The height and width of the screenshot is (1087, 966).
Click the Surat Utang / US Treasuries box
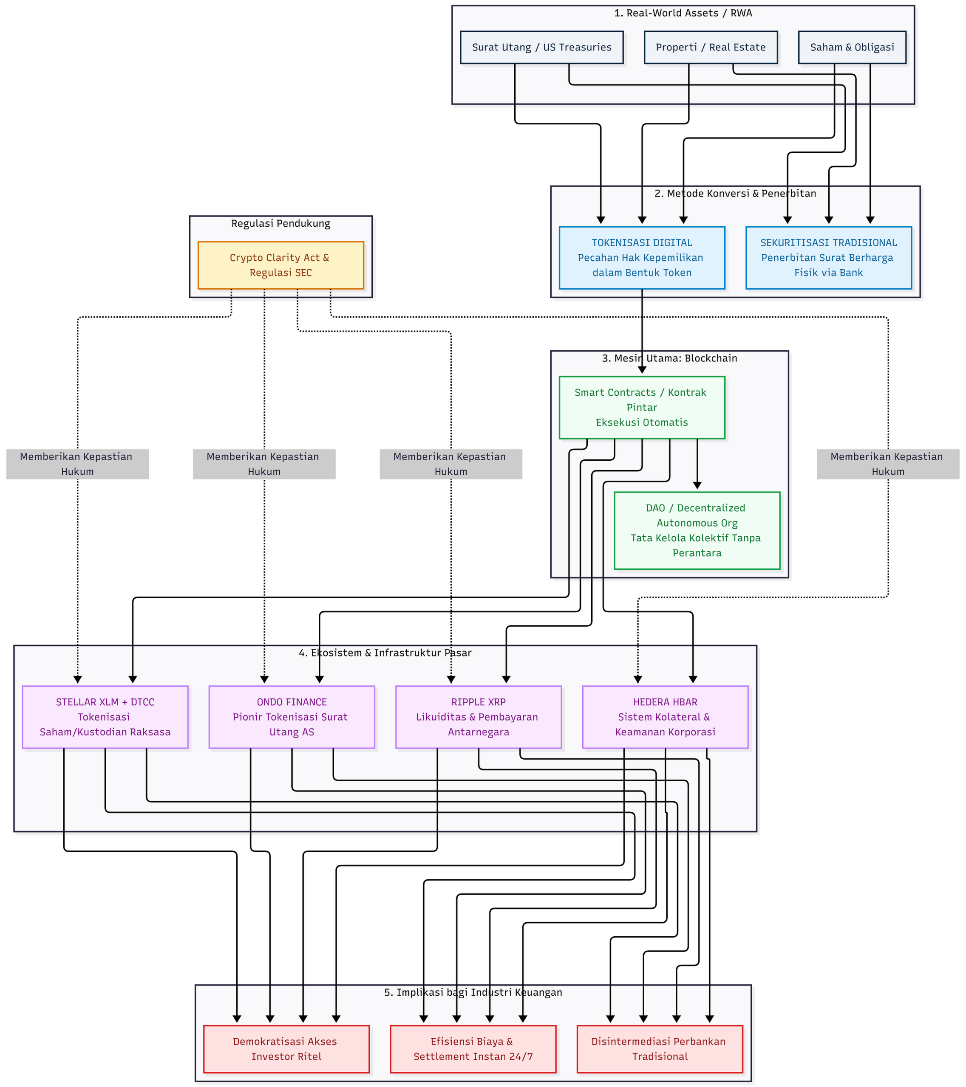point(541,47)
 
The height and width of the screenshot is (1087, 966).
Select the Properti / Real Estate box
point(711,47)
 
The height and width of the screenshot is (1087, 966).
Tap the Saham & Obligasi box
point(852,47)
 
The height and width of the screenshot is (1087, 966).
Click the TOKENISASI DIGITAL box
point(642,258)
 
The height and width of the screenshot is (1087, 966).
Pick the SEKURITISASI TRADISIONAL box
point(829,258)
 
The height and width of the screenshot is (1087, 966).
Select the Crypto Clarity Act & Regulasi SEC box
point(280,265)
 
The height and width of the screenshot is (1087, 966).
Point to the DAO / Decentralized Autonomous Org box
point(697,531)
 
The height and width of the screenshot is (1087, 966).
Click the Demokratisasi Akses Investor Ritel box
point(286,1049)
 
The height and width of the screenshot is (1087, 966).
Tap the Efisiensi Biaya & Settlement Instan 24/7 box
point(473,1049)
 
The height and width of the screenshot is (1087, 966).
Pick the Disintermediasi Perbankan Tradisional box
point(660,1049)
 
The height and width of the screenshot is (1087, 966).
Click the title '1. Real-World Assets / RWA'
point(683,13)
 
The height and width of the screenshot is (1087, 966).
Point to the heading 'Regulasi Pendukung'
point(280,224)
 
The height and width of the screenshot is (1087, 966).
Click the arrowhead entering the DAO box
point(697,485)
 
